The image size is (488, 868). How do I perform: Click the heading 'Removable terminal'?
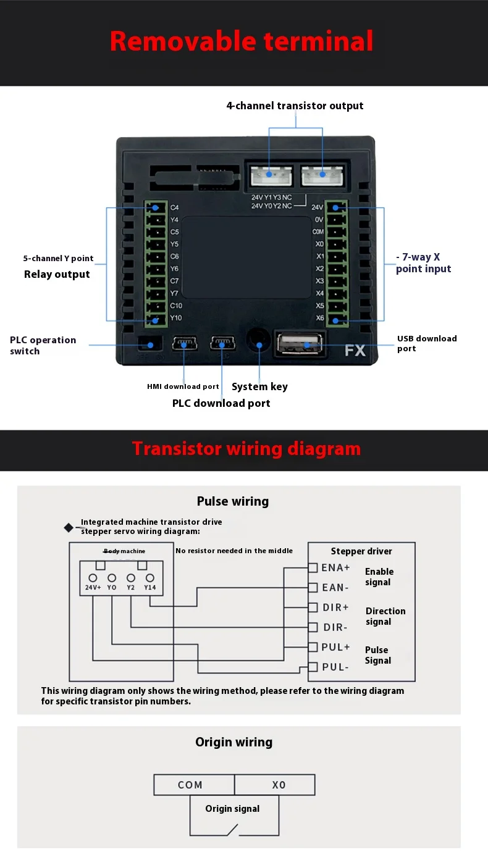242,41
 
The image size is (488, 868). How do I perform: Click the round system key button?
259,341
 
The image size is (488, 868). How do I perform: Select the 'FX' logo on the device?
355,351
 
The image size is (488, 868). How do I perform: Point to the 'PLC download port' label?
221,403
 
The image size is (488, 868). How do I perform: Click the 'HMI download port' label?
183,386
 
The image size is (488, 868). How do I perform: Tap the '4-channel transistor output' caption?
295,106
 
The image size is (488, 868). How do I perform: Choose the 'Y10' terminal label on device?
175,318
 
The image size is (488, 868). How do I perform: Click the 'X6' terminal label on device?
319,318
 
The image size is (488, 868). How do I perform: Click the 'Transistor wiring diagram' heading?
246,448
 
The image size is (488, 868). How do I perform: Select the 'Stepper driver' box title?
361,551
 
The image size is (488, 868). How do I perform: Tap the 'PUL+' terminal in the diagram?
335,647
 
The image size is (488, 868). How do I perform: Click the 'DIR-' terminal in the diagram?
335,627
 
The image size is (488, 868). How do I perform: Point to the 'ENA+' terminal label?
335,567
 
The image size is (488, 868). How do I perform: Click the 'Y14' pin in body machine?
150,587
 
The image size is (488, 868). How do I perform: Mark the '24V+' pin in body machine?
93,587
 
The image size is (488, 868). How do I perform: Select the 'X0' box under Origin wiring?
279,785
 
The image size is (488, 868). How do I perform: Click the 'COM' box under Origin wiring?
190,785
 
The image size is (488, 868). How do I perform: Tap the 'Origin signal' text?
232,809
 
